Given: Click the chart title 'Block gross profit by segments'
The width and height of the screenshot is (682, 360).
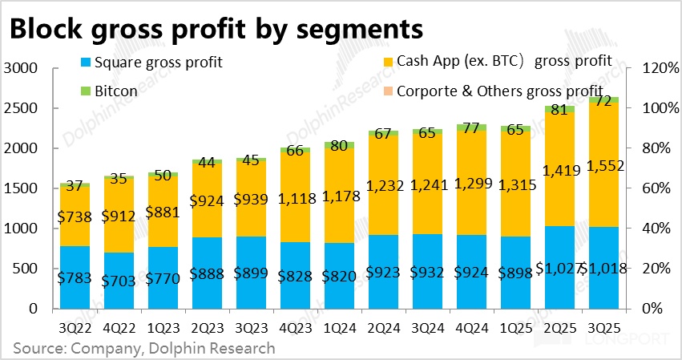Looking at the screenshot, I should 215,29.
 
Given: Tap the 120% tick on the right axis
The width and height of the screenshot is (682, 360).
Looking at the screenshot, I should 652,69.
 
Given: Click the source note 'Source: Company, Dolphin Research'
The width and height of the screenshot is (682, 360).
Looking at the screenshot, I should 144,348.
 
